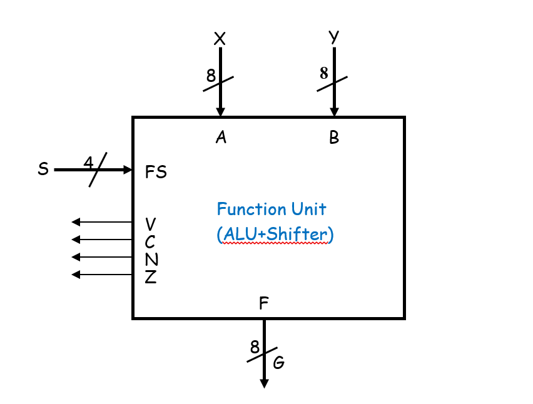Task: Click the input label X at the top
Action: (220, 39)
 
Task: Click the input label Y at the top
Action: (334, 38)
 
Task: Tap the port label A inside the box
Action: (220, 138)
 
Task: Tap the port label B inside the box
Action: (334, 138)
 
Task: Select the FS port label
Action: (156, 172)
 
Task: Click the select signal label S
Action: (43, 169)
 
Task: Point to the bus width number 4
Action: (88, 163)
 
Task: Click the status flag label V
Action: (151, 224)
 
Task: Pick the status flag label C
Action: (150, 241)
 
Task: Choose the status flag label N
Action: (151, 259)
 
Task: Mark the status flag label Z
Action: (150, 276)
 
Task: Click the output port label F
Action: (264, 304)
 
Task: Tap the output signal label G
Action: (279, 362)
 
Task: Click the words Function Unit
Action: (272, 209)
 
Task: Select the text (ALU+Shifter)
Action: (275, 234)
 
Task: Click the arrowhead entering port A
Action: (220, 112)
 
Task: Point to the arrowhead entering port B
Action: (334, 112)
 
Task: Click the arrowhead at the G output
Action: (264, 383)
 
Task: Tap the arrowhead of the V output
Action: (76, 222)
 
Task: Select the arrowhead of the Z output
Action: (76, 275)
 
